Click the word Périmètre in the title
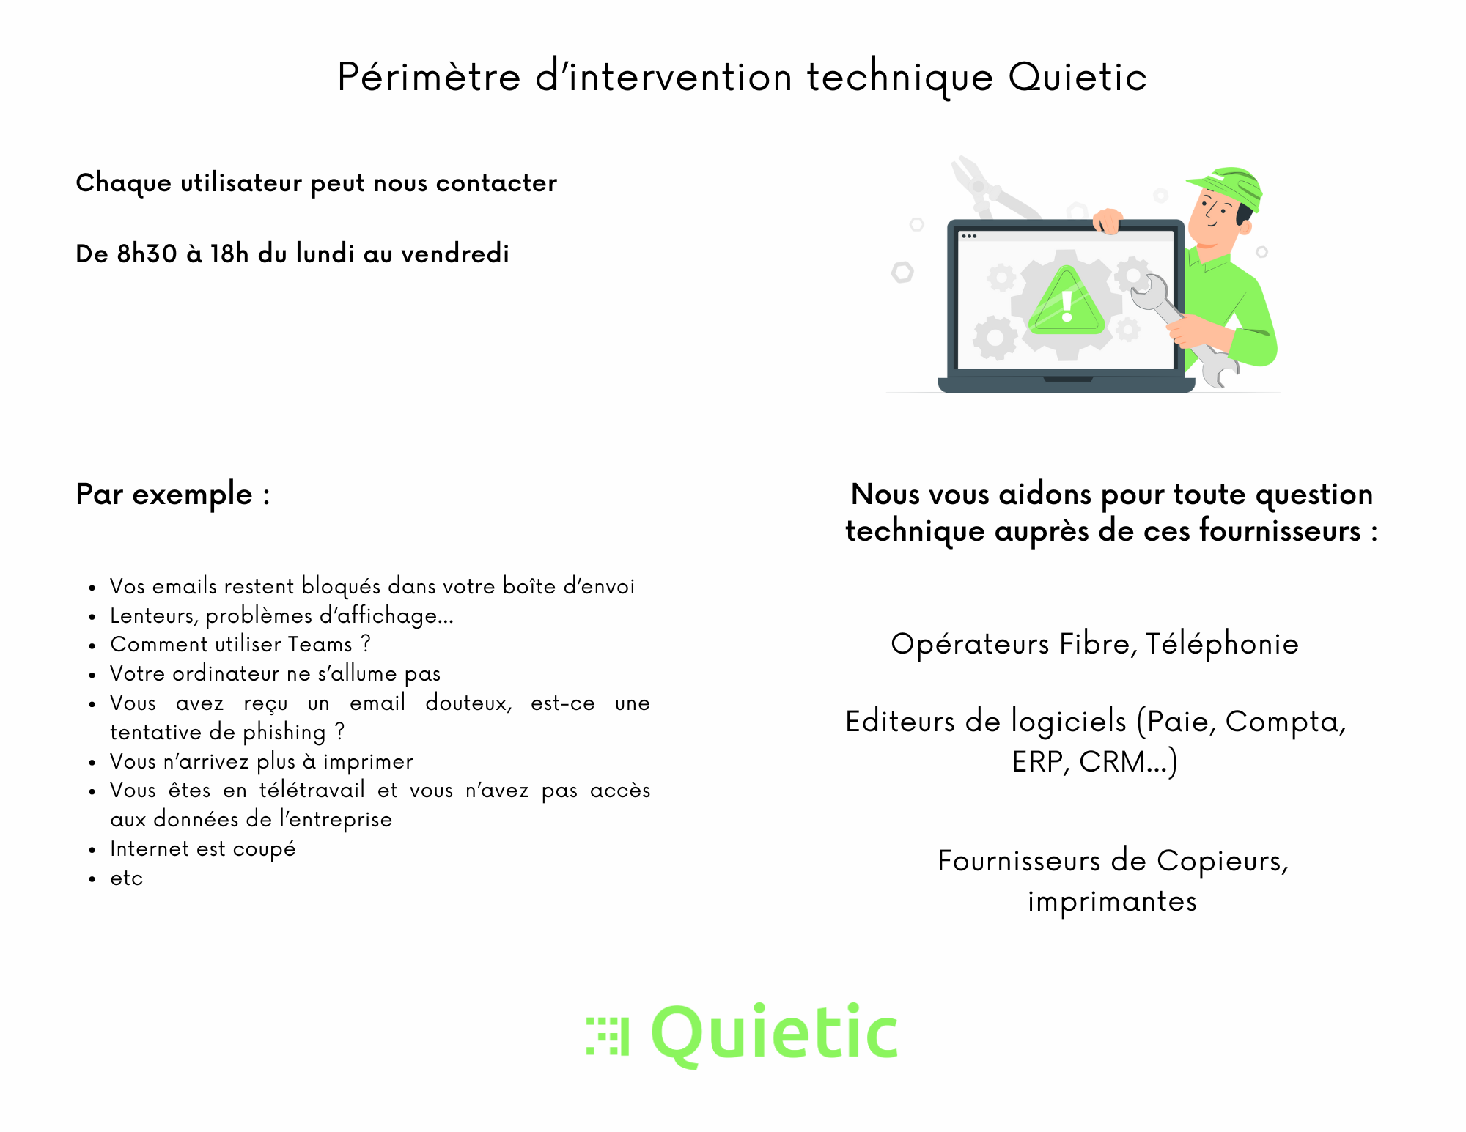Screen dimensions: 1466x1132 coord(429,77)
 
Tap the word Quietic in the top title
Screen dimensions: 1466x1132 coord(1078,77)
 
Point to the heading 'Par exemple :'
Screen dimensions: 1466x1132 coord(173,495)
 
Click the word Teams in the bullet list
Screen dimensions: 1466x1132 coord(320,644)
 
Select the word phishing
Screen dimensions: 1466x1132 coord(284,733)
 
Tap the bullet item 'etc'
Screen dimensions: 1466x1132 coord(127,878)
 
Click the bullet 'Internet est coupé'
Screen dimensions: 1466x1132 coord(203,849)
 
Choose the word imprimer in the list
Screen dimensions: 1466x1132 coord(368,762)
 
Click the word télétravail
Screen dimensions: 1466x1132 coord(312,790)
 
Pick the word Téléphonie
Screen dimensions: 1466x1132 coord(1222,644)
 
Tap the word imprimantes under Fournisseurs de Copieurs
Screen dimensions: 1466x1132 coord(1112,902)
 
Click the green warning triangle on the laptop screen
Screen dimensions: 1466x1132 coord(1066,301)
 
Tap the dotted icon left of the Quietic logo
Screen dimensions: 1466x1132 coord(608,1036)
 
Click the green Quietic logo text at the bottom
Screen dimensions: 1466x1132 coord(774,1034)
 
